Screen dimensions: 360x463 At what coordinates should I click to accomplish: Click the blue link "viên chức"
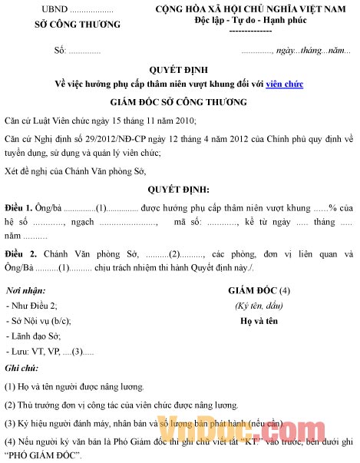(x=284, y=84)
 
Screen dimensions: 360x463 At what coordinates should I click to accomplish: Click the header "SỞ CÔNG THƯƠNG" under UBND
(x=78, y=24)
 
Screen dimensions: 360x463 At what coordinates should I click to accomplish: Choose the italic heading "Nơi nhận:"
(x=24, y=291)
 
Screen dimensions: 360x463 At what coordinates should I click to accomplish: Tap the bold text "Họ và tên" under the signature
(x=258, y=322)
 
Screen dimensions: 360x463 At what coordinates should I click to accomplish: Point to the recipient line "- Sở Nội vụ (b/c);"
(x=38, y=321)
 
